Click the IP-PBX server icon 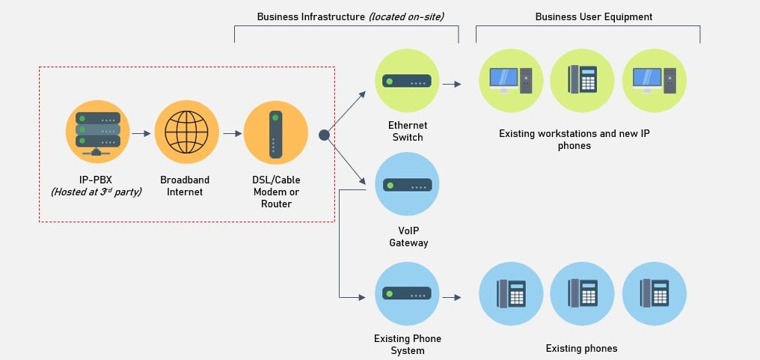[x=97, y=132]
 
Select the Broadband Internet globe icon [x=186, y=132]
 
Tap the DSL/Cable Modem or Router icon [x=276, y=132]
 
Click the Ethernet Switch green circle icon [x=406, y=81]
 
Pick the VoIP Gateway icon [x=406, y=184]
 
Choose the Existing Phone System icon [x=406, y=294]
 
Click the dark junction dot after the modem [x=324, y=135]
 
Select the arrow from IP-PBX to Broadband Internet [x=141, y=134]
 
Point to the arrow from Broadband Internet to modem [x=231, y=134]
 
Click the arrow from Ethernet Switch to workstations [x=452, y=84]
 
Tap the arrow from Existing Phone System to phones [x=452, y=297]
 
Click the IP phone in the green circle [x=582, y=80]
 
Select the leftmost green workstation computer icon [x=510, y=80]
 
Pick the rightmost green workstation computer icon [x=654, y=80]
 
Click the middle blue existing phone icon [x=582, y=293]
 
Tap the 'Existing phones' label [x=581, y=349]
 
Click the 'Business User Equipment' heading [x=594, y=16]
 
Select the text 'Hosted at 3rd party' [x=96, y=192]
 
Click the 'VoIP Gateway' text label [x=408, y=237]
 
